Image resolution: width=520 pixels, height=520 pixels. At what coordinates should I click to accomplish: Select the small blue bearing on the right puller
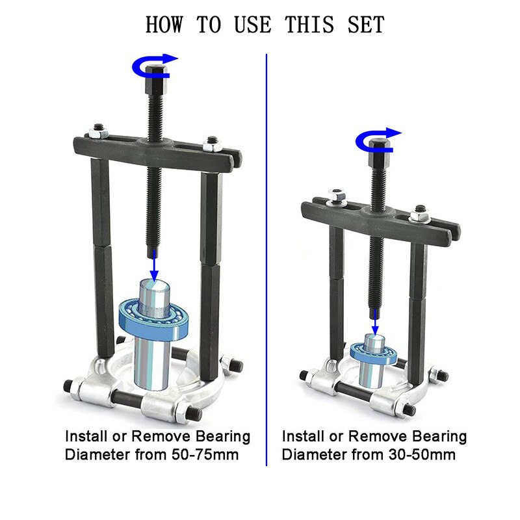[374, 352]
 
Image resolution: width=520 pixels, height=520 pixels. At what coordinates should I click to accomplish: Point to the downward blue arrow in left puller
[154, 265]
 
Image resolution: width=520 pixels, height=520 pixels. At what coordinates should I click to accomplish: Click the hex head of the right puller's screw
[377, 151]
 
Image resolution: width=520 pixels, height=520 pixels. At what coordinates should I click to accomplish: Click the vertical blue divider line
[266, 260]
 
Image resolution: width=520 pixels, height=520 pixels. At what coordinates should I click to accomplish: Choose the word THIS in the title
[307, 24]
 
